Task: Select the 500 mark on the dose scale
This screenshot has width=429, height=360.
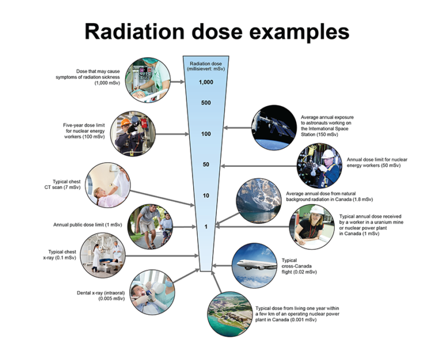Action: coord(206,103)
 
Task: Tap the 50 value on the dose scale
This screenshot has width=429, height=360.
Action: coord(206,165)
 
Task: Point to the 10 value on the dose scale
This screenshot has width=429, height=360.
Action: coord(206,196)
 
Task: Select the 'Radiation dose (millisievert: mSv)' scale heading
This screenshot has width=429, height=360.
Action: coord(206,66)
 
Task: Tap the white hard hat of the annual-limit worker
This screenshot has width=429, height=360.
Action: coord(328,154)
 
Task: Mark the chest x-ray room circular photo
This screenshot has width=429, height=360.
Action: coord(101,255)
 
